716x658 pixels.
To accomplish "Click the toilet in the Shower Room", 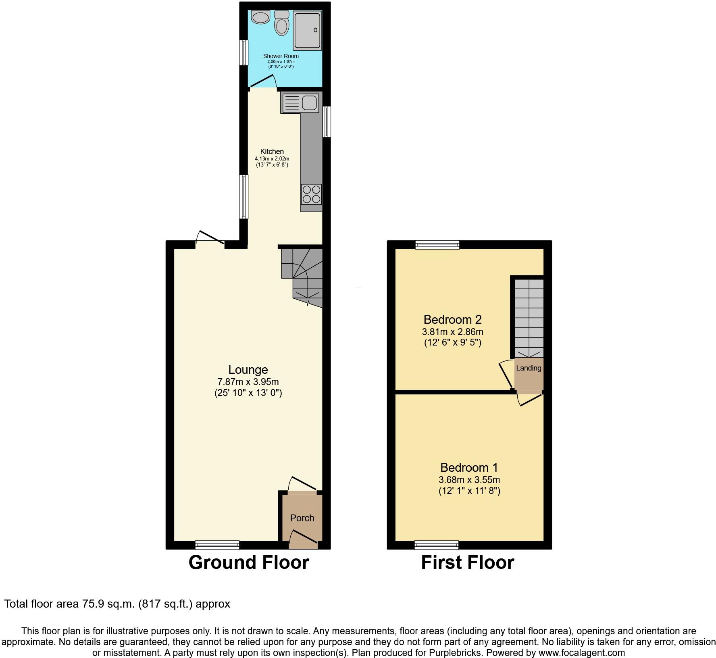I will pyautogui.click(x=281, y=24).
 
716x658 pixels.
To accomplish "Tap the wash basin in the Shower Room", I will pyautogui.click(x=260, y=17).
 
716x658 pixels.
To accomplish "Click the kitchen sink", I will pyautogui.click(x=301, y=102).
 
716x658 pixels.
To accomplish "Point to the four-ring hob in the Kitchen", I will pyautogui.click(x=311, y=194).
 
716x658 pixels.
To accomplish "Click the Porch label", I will pyautogui.click(x=302, y=518).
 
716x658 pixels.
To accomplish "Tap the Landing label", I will pyautogui.click(x=529, y=368).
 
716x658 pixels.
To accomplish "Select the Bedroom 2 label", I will pyautogui.click(x=452, y=320).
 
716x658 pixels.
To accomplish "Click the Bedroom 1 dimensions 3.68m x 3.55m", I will pyautogui.click(x=469, y=480).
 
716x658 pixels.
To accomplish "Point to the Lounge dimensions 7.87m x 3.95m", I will pyautogui.click(x=248, y=382).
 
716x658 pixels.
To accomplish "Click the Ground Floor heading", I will pyautogui.click(x=249, y=562).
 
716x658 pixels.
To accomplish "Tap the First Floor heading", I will pyautogui.click(x=468, y=562).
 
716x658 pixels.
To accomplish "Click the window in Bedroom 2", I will pyautogui.click(x=437, y=245).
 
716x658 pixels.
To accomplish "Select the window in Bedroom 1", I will pyautogui.click(x=437, y=545).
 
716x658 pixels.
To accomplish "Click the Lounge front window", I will pyautogui.click(x=217, y=545).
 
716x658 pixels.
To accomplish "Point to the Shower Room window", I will pyautogui.click(x=244, y=52).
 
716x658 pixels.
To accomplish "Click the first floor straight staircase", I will pyautogui.click(x=529, y=319).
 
